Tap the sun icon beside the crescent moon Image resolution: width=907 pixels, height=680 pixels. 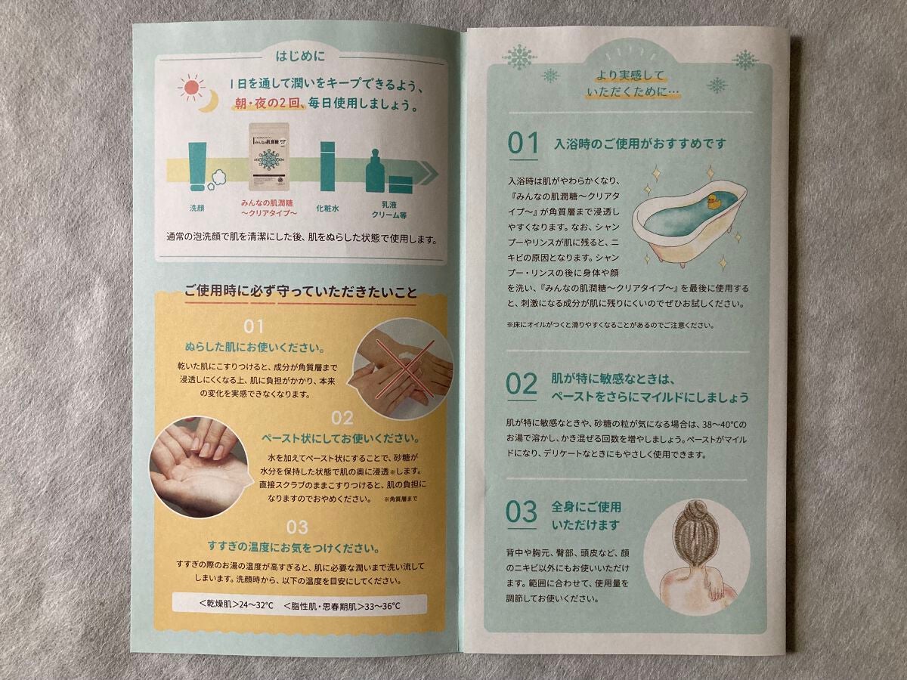[191, 88]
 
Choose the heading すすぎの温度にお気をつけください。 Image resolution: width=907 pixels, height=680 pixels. [293, 546]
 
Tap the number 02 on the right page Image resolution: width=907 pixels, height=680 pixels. [522, 385]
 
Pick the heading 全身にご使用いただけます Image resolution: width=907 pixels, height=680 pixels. [586, 515]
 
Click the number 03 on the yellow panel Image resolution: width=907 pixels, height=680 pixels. [296, 527]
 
